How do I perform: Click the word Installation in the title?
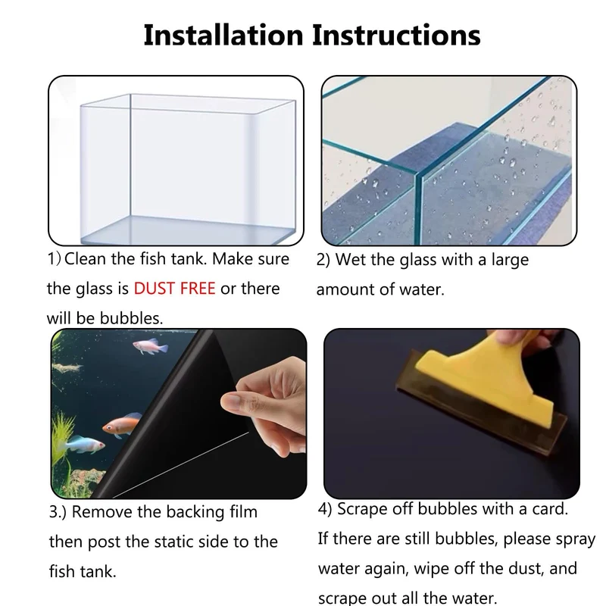223,35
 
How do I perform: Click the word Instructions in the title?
396,35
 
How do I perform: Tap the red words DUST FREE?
174,289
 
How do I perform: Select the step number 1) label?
54,259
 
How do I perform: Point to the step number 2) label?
323,260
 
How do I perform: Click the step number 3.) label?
58,512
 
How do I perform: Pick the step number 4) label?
325,509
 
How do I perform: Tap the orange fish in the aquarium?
121,424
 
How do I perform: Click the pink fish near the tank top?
150,346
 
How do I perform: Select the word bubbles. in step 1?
131,318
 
